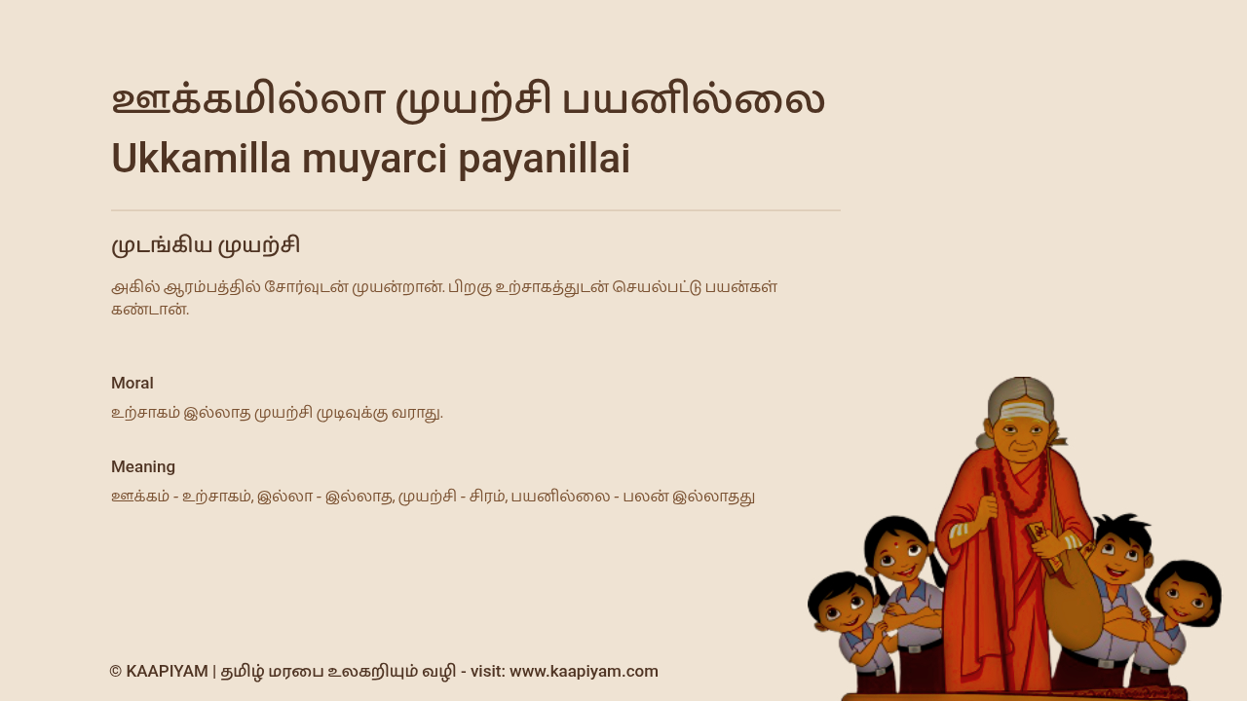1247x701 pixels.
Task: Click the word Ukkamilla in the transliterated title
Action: (x=201, y=159)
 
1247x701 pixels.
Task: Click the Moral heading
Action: (x=132, y=384)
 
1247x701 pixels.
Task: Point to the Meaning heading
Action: (x=143, y=466)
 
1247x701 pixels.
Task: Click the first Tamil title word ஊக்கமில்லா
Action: (x=248, y=100)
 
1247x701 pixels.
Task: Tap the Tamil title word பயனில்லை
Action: (x=694, y=100)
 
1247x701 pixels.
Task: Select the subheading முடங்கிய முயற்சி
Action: (x=206, y=245)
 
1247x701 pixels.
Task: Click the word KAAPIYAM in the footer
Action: (x=167, y=672)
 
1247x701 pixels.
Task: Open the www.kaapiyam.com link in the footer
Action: (x=584, y=672)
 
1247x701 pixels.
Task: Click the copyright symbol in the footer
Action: (x=116, y=672)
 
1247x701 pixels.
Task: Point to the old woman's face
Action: (x=1022, y=437)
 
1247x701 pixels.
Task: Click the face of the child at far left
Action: (x=845, y=609)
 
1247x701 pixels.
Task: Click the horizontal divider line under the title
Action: (x=476, y=210)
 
